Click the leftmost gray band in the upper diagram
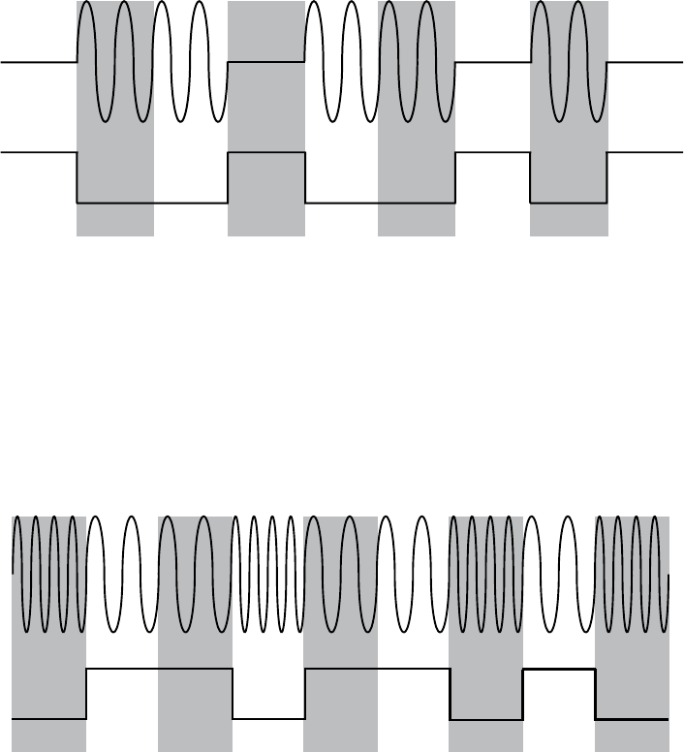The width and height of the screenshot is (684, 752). pos(114,218)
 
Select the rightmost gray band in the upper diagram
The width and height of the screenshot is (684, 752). pos(569,218)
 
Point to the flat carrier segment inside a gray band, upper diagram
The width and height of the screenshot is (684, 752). pos(266,62)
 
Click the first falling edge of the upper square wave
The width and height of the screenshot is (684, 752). pos(78,177)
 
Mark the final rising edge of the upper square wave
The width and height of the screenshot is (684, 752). pos(607,177)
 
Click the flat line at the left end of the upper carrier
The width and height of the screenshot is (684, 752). pos(39,62)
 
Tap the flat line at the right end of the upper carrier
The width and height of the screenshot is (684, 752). pos(644,62)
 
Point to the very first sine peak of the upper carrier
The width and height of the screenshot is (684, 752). pos(86,5)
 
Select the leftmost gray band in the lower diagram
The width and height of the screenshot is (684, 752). pos(48,736)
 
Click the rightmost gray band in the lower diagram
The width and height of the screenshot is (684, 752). pos(633,736)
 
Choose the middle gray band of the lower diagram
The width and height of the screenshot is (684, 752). pos(340,736)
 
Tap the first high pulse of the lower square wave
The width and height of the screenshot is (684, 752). pos(160,669)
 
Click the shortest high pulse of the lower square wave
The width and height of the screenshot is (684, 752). pos(559,669)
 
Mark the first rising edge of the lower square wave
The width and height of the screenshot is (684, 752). pos(87,694)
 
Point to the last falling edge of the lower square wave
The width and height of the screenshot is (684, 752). pos(596,694)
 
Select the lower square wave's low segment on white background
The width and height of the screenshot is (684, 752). pos(268,719)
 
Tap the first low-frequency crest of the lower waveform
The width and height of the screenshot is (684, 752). pos(97,520)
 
